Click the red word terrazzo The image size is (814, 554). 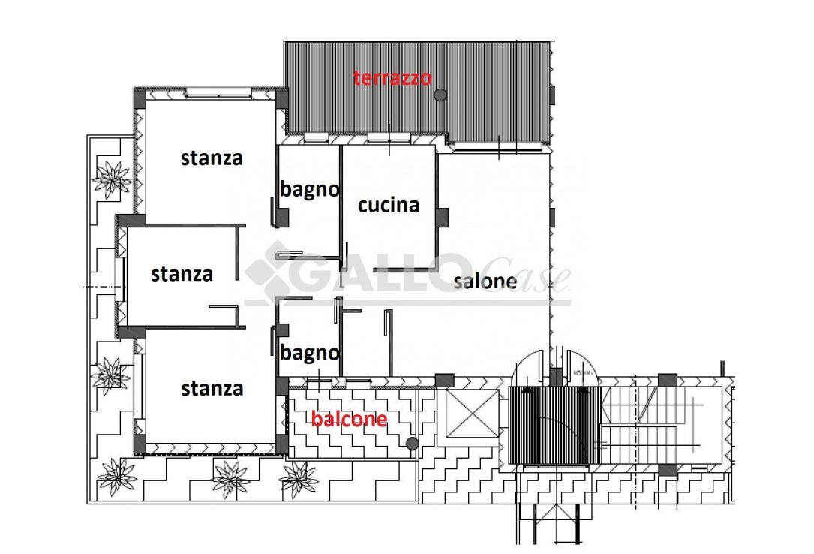[392, 78]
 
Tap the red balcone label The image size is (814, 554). [350, 418]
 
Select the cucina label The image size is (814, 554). [389, 205]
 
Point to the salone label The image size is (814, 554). [485, 281]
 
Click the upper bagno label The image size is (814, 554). [309, 189]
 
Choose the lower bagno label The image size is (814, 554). [309, 353]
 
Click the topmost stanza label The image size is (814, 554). [212, 158]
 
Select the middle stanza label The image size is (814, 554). [182, 274]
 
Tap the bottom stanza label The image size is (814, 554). [212, 388]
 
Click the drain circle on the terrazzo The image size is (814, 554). [440, 95]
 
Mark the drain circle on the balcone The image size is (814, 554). [412, 444]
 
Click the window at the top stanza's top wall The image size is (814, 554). [218, 93]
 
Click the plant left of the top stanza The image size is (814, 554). [112, 179]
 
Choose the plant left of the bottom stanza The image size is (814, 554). [110, 375]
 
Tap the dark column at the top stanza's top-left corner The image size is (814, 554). [140, 98]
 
